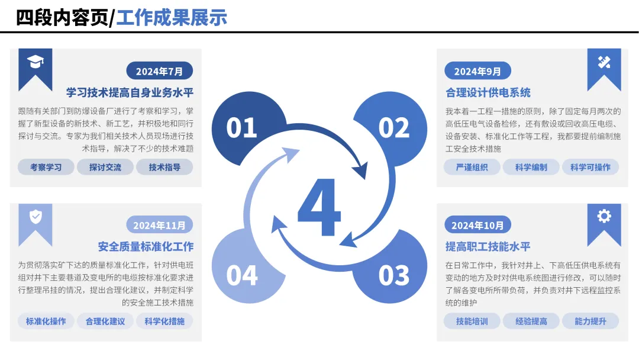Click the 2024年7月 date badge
tap(159, 71)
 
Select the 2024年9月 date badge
tap(477, 71)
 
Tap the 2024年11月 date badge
tap(159, 225)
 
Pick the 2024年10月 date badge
tap(477, 225)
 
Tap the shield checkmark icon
tap(35, 217)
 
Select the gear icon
tap(604, 216)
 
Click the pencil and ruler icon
tap(604, 62)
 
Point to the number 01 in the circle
tap(241, 128)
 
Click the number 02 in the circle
tap(393, 128)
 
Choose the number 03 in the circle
tap(393, 275)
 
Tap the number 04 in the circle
tap(241, 275)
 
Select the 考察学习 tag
tap(46, 167)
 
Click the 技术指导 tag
tap(164, 167)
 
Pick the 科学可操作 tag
tap(590, 167)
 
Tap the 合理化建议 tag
tap(105, 322)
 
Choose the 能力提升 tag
tap(590, 322)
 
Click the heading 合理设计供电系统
tap(488, 93)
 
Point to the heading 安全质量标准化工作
tap(146, 246)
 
